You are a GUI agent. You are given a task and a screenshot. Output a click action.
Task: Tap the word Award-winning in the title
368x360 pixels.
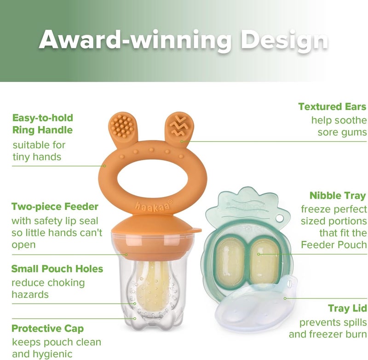[135, 41]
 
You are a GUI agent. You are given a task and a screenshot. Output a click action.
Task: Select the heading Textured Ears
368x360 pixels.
[332, 107]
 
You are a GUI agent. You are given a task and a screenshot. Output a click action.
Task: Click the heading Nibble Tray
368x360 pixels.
[338, 196]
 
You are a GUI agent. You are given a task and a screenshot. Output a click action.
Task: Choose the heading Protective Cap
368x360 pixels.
[48, 329]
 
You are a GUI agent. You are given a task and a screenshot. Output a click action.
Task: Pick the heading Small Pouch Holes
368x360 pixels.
[57, 268]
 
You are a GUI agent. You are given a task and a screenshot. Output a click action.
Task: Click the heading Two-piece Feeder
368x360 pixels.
[55, 206]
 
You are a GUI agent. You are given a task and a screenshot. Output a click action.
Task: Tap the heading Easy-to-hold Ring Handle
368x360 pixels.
[42, 124]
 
